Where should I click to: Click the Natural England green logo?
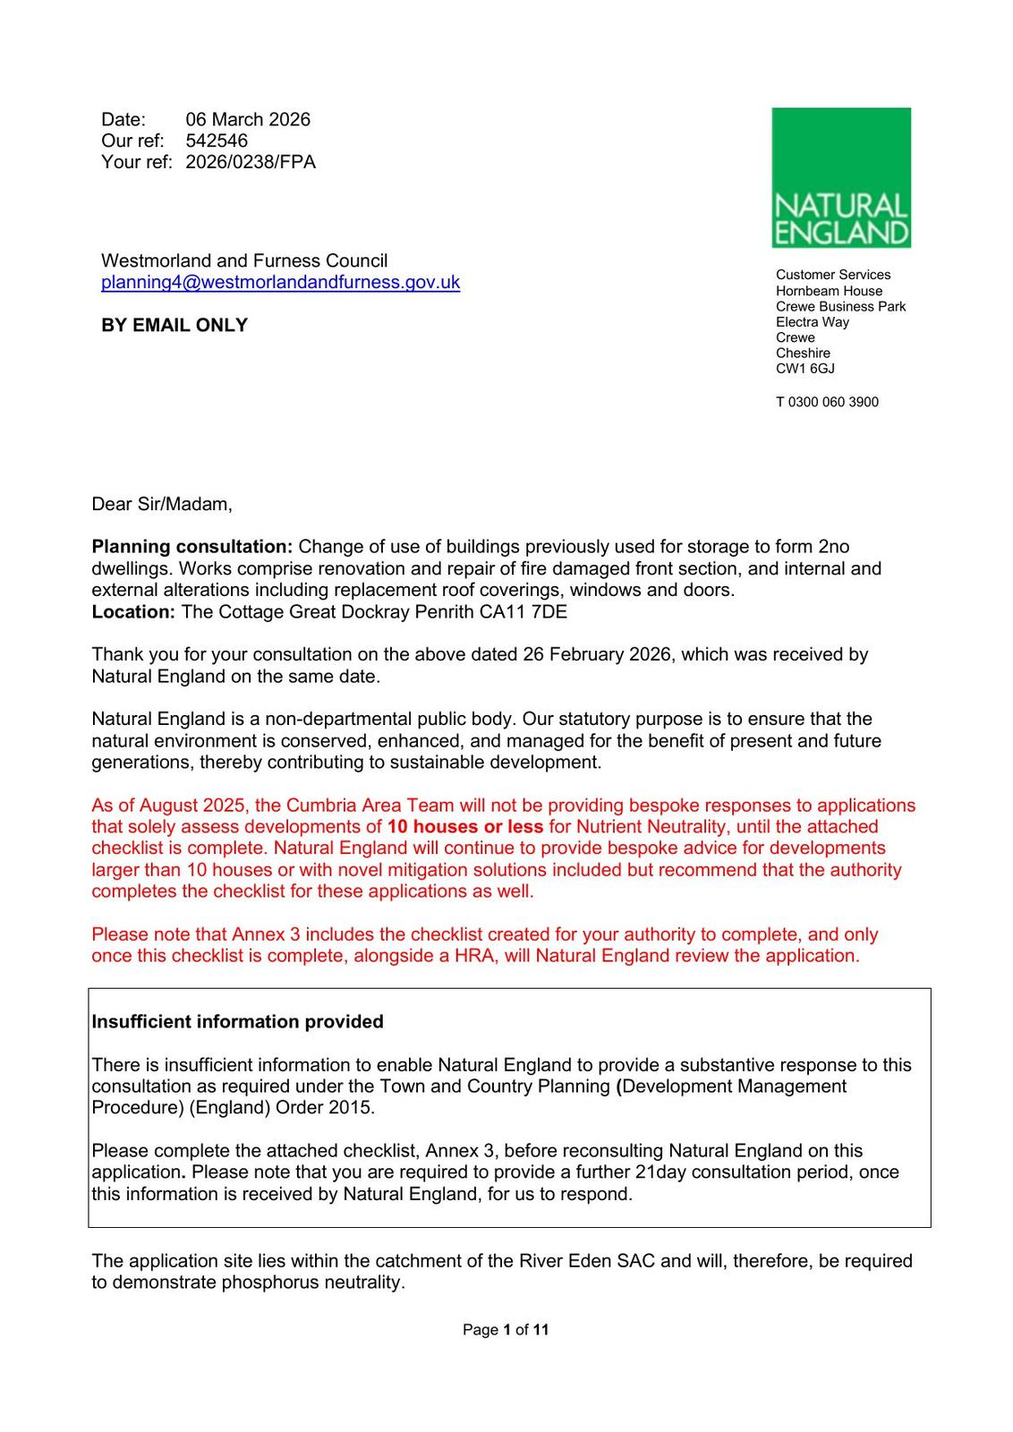pyautogui.click(x=841, y=177)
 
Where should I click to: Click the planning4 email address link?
pyautogui.click(x=280, y=283)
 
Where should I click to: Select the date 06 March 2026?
pyautogui.click(x=248, y=120)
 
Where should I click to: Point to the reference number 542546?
pyautogui.click(x=217, y=141)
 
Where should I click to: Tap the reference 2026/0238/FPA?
pyautogui.click(x=251, y=162)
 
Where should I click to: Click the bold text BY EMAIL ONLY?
pyautogui.click(x=175, y=326)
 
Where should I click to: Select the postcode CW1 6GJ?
pyautogui.click(x=805, y=369)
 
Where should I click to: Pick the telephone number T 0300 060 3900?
pyautogui.click(x=827, y=403)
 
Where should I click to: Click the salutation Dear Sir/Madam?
pyautogui.click(x=162, y=505)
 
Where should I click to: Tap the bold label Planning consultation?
pyautogui.click(x=192, y=547)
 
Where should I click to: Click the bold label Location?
pyautogui.click(x=133, y=612)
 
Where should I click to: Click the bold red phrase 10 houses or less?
pyautogui.click(x=465, y=827)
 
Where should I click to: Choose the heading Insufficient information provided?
pyautogui.click(x=237, y=1022)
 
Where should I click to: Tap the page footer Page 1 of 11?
pyautogui.click(x=506, y=1330)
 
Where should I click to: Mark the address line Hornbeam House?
pyautogui.click(x=829, y=291)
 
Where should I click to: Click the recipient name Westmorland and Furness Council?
pyautogui.click(x=244, y=261)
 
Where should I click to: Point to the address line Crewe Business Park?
pyautogui.click(x=840, y=307)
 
